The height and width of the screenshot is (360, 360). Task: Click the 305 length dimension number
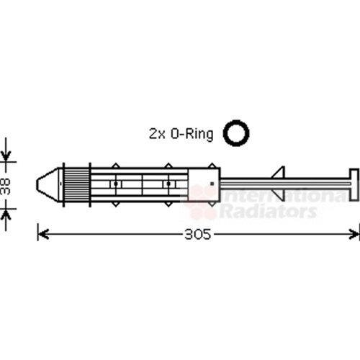(197, 234)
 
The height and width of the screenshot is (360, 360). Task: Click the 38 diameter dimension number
(6, 186)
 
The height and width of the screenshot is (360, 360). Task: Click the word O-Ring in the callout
(192, 134)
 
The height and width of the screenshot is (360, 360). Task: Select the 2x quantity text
(157, 134)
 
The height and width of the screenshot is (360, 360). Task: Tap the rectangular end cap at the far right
(354, 184)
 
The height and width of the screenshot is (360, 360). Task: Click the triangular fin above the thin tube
(279, 172)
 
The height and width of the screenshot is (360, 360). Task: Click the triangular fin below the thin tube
(279, 195)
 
